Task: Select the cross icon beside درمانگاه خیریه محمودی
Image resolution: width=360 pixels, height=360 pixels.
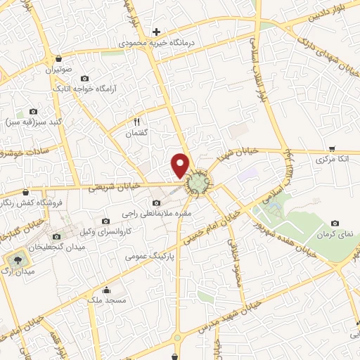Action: click(156, 32)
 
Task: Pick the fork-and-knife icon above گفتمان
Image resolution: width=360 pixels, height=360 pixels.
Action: click(137, 121)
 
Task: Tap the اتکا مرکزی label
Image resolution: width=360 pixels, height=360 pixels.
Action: click(330, 160)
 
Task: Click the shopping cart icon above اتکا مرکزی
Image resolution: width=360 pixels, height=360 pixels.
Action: click(331, 149)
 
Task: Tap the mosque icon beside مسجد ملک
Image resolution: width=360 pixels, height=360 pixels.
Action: click(107, 290)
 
